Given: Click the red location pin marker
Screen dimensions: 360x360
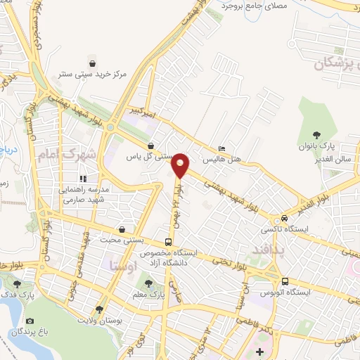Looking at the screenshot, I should coord(181,166).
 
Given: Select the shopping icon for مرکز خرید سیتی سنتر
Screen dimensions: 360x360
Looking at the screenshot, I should coord(91,61).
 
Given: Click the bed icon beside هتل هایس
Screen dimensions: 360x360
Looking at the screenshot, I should coord(221,149).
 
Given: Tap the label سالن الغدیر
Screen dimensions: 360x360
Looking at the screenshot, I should coord(333,160).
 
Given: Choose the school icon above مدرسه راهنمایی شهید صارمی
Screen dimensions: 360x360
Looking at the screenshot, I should coord(82,178).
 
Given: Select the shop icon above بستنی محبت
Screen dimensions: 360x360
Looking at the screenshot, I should coord(123,229).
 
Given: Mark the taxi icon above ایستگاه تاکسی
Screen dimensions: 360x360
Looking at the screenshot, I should coord(283,219).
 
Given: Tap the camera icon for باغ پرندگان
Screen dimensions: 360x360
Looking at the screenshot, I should coord(31,321).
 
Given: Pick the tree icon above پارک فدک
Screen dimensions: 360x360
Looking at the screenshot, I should coord(18,284).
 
